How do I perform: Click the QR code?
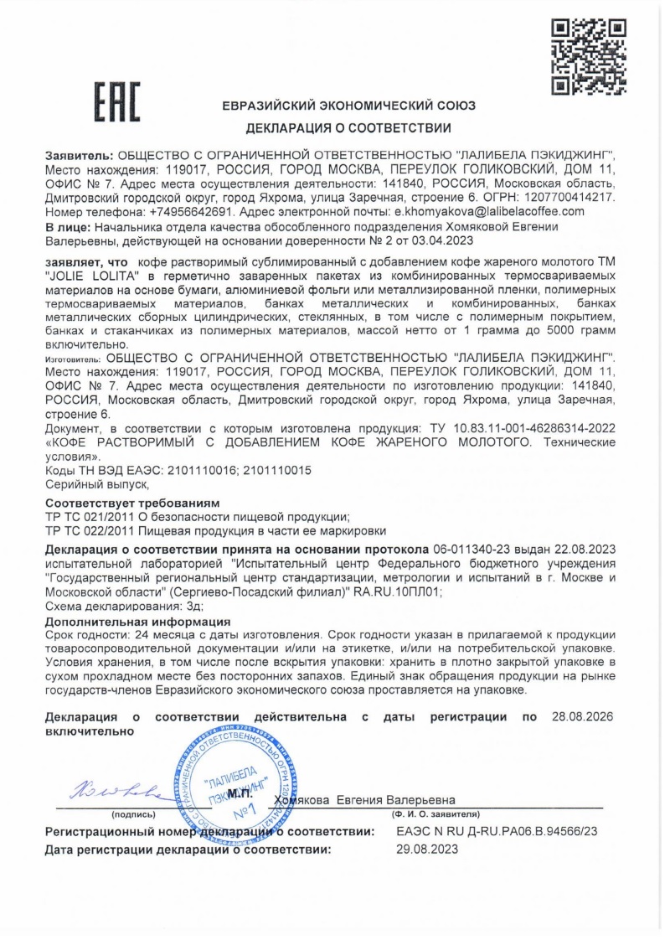[x=588, y=56]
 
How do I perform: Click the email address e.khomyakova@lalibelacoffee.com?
[x=489, y=212]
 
